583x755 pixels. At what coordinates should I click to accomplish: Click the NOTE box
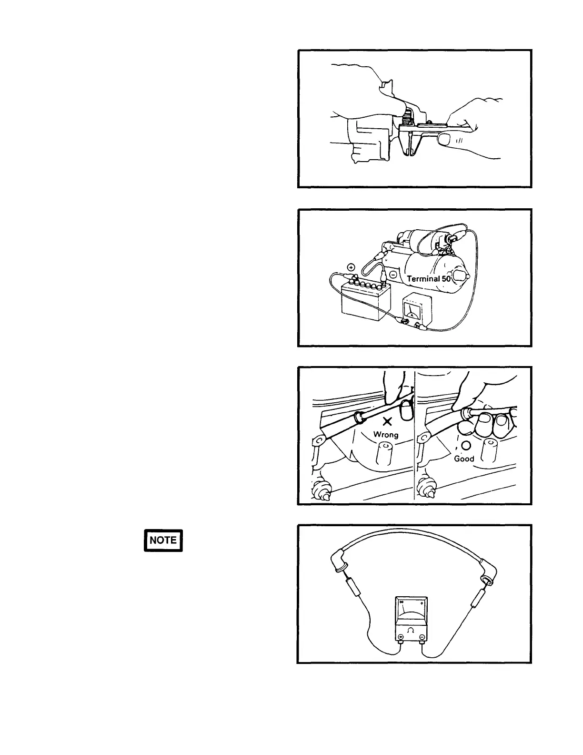(163, 540)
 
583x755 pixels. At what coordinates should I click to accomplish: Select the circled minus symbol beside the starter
(393, 275)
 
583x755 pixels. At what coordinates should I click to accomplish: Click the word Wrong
(386, 434)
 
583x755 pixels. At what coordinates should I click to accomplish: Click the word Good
(464, 459)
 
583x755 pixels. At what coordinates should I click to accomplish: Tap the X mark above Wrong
(388, 421)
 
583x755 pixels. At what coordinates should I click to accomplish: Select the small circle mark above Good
(466, 445)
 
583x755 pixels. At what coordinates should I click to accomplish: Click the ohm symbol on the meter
(411, 630)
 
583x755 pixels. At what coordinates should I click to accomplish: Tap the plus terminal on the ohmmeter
(401, 637)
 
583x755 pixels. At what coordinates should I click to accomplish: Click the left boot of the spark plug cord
(339, 563)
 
